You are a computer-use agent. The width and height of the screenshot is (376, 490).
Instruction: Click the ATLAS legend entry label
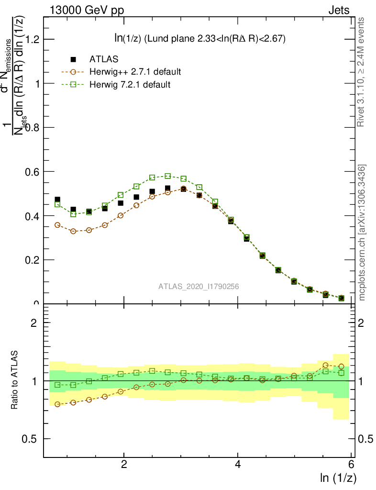[x=104, y=59]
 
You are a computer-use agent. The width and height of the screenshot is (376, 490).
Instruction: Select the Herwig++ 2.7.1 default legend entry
[x=134, y=72]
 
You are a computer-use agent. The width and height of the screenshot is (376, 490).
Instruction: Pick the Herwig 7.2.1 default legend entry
[x=130, y=85]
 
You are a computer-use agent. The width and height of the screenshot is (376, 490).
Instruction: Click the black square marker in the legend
[x=73, y=59]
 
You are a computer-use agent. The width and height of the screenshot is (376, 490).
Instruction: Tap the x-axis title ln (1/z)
[x=338, y=478]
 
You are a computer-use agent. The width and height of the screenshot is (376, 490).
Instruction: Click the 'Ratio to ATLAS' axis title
[x=15, y=380]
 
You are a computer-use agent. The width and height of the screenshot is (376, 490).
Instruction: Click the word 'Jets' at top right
[x=339, y=11]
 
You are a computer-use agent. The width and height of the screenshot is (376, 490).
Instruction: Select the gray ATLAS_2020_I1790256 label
[x=199, y=287]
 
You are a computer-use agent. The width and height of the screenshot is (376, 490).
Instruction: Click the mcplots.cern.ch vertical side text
[x=362, y=233]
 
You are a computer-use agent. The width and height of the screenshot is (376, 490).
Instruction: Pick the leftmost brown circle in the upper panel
[x=57, y=225]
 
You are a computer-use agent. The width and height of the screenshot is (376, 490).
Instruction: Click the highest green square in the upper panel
[x=167, y=176]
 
